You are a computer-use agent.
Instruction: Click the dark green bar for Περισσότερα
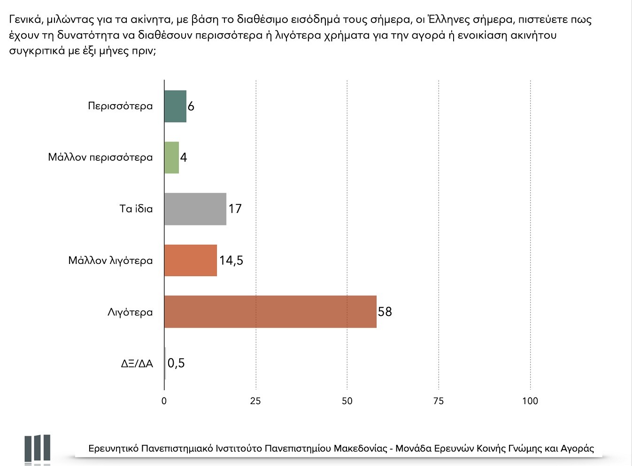pyautogui.click(x=175, y=106)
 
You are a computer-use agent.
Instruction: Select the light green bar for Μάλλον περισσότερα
pyautogui.click(x=171, y=158)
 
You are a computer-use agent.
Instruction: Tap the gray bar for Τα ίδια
pyautogui.click(x=195, y=209)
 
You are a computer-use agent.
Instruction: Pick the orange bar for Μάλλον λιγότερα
pyautogui.click(x=190, y=260)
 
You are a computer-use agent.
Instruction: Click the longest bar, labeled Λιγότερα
pyautogui.click(x=270, y=312)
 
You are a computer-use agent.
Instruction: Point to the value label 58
pyautogui.click(x=385, y=312)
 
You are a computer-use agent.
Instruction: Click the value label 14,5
pyautogui.click(x=231, y=260)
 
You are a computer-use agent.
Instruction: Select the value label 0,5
pyautogui.click(x=176, y=363)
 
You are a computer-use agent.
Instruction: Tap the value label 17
pyautogui.click(x=235, y=209)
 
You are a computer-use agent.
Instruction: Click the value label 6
pyautogui.click(x=191, y=106)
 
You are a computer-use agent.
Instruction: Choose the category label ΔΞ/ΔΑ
pyautogui.click(x=137, y=364)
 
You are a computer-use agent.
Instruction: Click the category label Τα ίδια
pyautogui.click(x=136, y=209)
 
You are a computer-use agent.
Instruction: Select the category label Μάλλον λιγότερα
pyautogui.click(x=110, y=261)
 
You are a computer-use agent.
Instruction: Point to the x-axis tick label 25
pyautogui.click(x=255, y=401)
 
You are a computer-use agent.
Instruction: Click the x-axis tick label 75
pyautogui.click(x=438, y=401)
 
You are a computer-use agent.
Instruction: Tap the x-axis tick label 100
pyautogui.click(x=530, y=401)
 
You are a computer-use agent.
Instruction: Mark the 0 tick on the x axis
pyautogui.click(x=164, y=401)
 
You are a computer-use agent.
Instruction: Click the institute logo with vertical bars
pyautogui.click(x=38, y=449)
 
